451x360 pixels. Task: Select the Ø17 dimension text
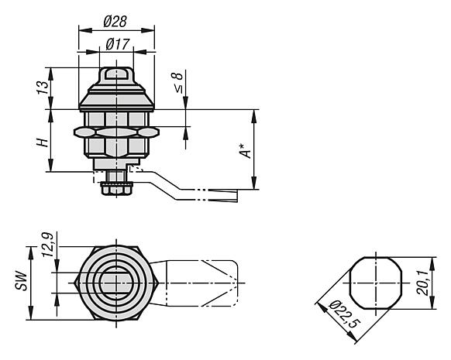click(116, 43)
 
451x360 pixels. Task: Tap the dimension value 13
click(43, 87)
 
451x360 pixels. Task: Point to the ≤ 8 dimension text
click(177, 82)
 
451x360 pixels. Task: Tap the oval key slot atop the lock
click(116, 74)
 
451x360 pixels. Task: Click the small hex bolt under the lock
click(115, 189)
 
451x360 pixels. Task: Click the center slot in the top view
click(116, 283)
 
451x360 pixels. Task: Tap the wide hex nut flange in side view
click(115, 133)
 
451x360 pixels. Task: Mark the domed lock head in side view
click(116, 93)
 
